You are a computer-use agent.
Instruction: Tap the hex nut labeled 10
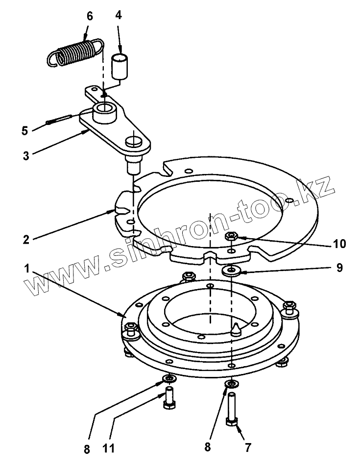tap(232, 237)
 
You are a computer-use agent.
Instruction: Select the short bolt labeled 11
tap(169, 397)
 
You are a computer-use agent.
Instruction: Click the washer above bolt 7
tap(230, 382)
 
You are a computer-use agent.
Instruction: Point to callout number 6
tap(90, 16)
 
